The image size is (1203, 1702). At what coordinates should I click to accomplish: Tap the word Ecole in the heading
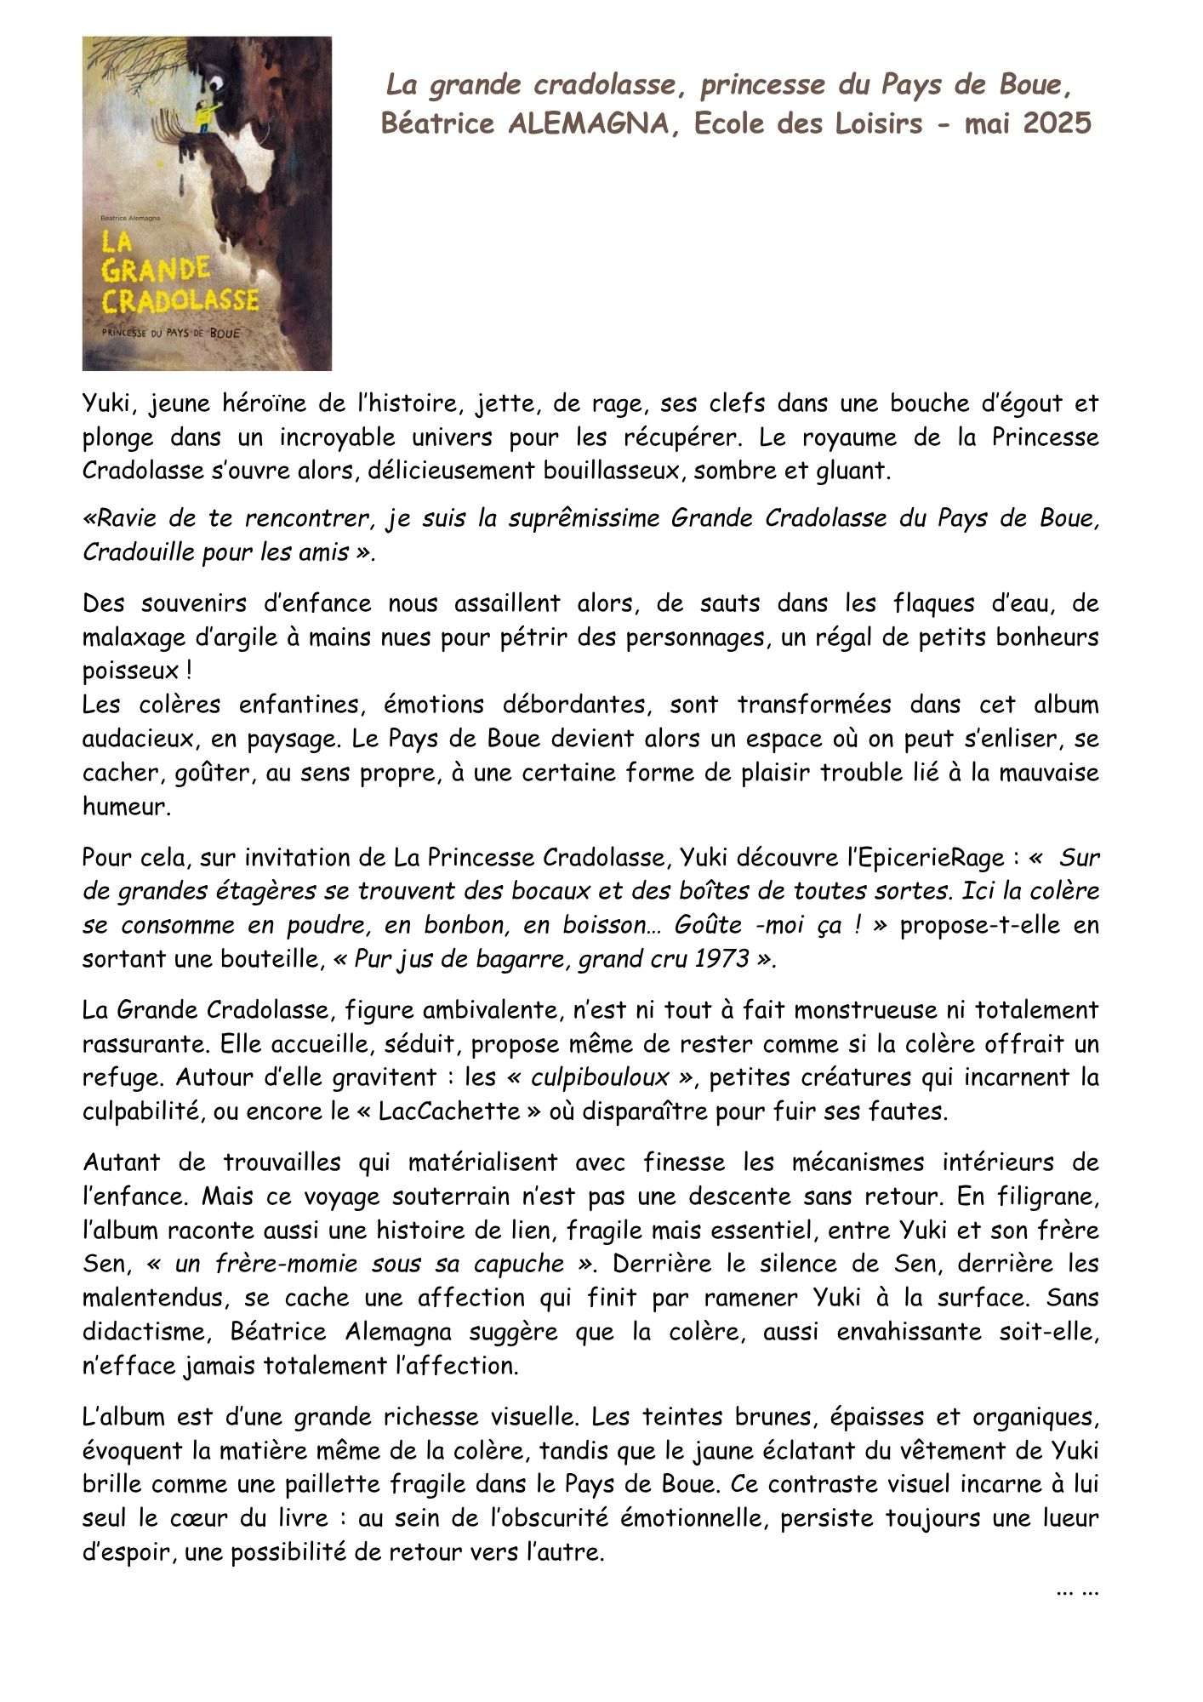[728, 123]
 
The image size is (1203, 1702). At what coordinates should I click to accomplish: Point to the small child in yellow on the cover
[204, 114]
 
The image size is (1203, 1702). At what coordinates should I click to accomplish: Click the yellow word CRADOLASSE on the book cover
[180, 300]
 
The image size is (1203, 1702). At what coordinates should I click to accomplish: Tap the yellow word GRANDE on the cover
[156, 271]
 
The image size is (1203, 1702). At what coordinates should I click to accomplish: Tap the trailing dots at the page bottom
[1077, 1587]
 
